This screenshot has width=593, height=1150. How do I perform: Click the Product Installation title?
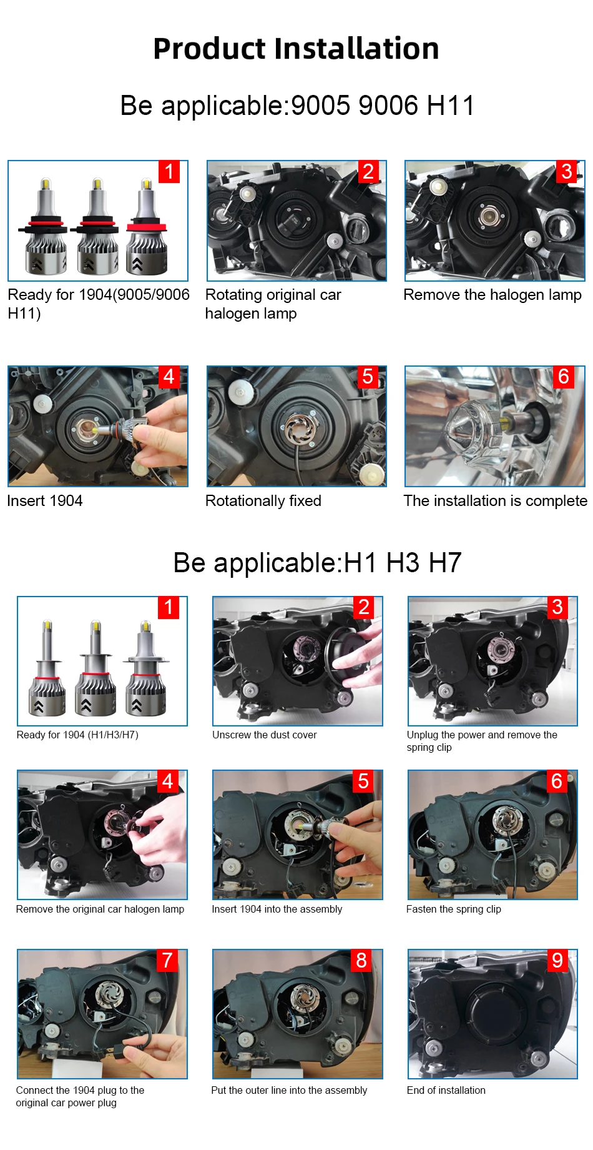click(296, 49)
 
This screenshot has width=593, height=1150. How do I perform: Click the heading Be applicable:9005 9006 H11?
click(297, 106)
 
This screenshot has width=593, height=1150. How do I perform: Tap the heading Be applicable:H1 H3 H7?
click(317, 563)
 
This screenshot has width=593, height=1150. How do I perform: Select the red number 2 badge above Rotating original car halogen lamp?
click(368, 172)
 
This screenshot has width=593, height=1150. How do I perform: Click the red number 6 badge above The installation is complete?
click(564, 377)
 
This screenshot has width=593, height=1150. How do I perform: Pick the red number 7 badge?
click(167, 960)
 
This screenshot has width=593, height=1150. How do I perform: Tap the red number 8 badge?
click(361, 960)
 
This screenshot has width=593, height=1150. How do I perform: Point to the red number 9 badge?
click(557, 960)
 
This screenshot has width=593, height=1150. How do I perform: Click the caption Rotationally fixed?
click(263, 501)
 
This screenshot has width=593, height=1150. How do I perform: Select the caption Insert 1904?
click(45, 501)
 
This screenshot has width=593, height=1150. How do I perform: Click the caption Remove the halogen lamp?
click(493, 295)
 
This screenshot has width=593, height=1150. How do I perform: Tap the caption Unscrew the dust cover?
click(265, 735)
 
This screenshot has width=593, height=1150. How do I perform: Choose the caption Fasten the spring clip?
click(454, 910)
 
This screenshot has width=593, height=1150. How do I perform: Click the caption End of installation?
click(446, 1091)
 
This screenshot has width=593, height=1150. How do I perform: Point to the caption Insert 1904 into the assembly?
click(277, 910)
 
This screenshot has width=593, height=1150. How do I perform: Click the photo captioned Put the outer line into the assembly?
click(298, 1014)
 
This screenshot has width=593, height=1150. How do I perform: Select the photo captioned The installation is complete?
click(495, 426)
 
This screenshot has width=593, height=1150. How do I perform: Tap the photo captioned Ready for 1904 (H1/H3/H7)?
click(102, 661)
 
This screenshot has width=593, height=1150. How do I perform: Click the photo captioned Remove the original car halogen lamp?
click(102, 835)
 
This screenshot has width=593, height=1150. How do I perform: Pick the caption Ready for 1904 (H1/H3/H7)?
click(77, 735)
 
